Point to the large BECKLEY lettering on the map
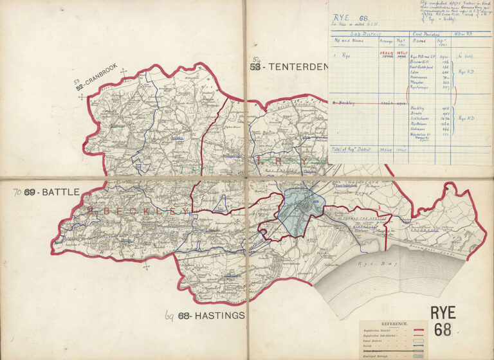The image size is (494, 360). pyautogui.click(x=138, y=211)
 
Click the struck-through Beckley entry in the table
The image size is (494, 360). pyautogui.click(x=347, y=102)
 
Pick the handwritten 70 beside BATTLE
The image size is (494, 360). pyautogui.click(x=17, y=192)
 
